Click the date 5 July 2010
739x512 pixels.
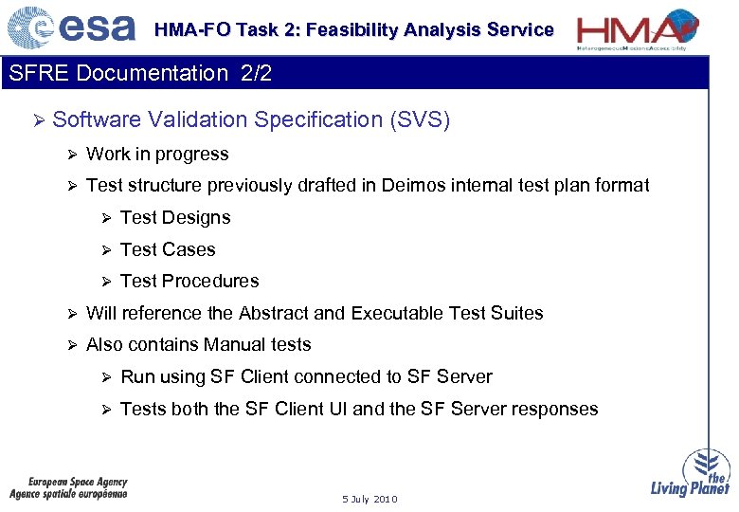pos(369,499)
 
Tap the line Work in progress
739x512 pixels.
pos(157,154)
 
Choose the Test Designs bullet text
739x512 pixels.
pos(175,217)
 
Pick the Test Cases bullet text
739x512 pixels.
pos(168,249)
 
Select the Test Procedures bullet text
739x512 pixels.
pos(189,281)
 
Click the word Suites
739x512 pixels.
pos(517,313)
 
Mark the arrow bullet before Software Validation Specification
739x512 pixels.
pos(38,120)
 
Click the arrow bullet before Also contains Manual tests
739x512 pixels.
pos(71,345)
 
